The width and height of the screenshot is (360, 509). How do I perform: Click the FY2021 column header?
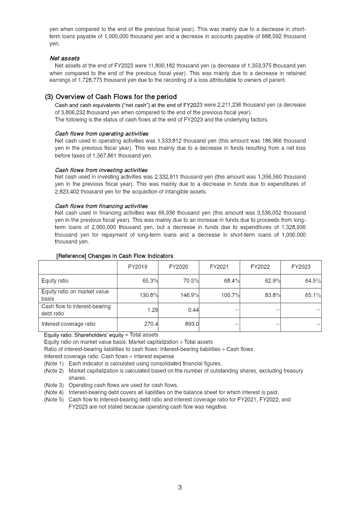[219, 267]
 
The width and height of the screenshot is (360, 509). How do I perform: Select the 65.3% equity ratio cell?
[150, 281]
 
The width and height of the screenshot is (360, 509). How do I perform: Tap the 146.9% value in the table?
[191, 295]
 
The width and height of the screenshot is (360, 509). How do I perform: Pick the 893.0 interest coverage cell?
[192, 324]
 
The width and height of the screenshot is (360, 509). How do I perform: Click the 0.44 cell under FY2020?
[193, 310]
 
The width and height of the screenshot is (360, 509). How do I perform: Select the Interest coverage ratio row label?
[68, 324]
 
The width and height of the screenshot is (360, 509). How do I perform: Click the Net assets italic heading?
[64, 58]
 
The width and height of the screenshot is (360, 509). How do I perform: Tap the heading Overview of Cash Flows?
[116, 97]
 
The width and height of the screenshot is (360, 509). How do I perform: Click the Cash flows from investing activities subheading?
[101, 170]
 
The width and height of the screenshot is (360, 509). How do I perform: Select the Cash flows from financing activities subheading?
[101, 206]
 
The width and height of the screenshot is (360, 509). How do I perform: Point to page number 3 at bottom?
[180, 487]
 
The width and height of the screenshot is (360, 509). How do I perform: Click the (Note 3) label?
[54, 385]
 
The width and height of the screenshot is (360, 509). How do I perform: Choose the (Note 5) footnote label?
[54, 399]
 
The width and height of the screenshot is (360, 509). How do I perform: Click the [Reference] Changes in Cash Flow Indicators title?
[114, 256]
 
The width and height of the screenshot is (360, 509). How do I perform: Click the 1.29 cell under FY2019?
[152, 310]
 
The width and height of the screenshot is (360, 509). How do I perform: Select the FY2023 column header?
[301, 267]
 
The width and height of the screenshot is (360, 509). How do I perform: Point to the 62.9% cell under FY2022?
[272, 281]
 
